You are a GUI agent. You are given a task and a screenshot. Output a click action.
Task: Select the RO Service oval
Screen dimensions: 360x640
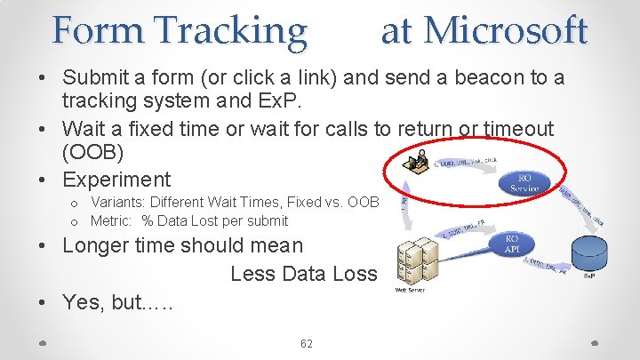point(526,184)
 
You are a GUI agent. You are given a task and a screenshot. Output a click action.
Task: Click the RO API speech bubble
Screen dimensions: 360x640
point(511,244)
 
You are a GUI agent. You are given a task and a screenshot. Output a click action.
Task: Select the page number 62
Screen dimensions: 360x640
point(308,343)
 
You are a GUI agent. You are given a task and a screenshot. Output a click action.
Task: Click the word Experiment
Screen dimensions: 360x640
point(116,180)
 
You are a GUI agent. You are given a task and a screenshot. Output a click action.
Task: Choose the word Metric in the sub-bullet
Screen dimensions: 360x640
point(113,220)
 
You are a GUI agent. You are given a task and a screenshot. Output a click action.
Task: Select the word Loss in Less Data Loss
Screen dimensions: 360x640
point(355,273)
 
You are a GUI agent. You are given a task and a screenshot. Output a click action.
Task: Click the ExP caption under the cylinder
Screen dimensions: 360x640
point(589,277)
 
